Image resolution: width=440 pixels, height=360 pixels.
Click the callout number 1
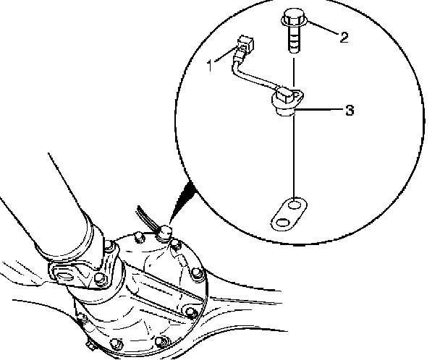(211, 66)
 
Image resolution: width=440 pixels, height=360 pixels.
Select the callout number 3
(349, 111)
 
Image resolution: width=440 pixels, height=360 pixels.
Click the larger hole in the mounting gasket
(293, 207)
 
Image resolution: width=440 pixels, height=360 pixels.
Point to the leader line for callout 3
(322, 111)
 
